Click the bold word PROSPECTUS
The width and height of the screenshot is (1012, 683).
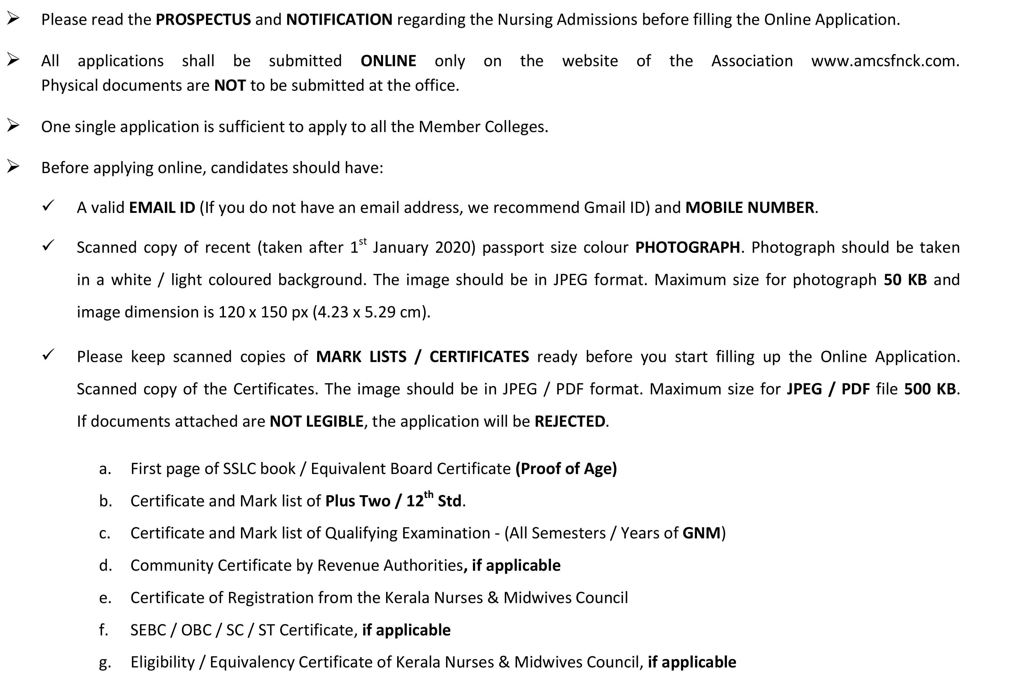pos(203,19)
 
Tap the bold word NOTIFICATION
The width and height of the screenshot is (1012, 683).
pos(339,19)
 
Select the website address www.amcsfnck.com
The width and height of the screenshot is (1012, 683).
pos(885,61)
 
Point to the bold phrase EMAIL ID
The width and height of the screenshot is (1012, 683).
pos(162,208)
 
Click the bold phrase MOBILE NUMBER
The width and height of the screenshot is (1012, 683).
pos(749,208)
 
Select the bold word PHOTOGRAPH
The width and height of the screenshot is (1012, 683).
pos(687,247)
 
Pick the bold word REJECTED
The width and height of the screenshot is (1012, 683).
pos(570,421)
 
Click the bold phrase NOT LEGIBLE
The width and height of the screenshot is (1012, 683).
pos(316,421)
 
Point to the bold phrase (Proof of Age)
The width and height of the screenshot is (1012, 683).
pos(566,469)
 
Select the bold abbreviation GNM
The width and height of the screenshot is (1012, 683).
pos(701,533)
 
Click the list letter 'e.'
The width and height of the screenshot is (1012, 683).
pos(105,598)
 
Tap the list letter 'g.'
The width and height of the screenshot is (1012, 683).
pos(105,663)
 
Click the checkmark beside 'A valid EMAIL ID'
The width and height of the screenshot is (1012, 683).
pos(48,205)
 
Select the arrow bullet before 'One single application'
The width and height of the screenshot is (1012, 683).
pos(13,126)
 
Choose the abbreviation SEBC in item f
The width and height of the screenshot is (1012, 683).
pos(148,630)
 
